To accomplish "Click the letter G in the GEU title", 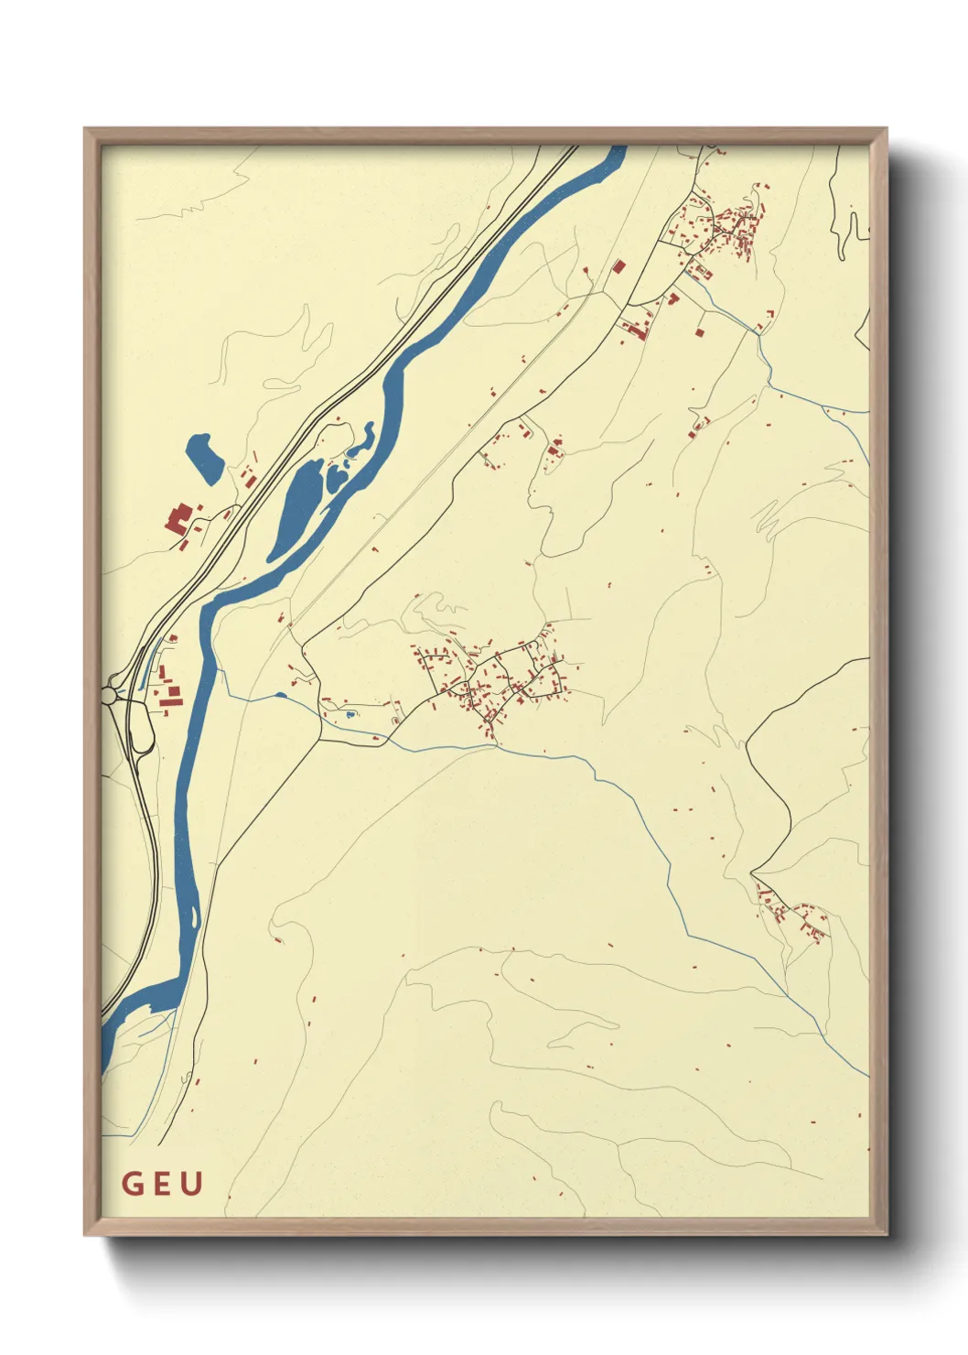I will click(133, 1184).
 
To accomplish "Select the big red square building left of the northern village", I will click(618, 267).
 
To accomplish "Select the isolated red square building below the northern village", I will click(700, 332).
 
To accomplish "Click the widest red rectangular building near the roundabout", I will click(173, 697).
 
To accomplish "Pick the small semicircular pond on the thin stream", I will click(280, 697).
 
